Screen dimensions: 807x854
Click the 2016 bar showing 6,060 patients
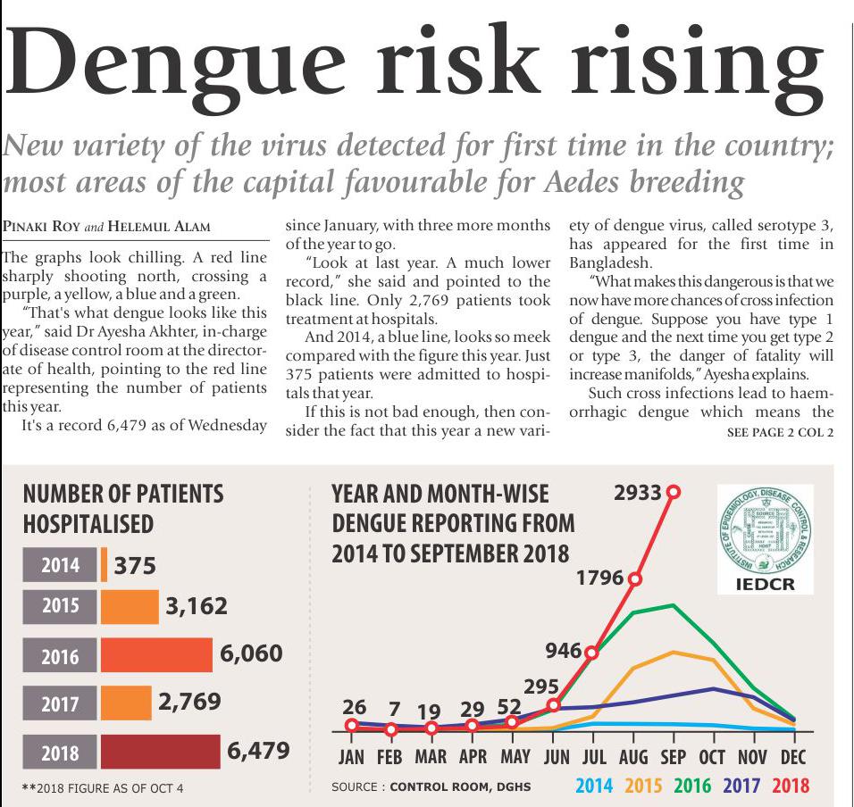(156, 656)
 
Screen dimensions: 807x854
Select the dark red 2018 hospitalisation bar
(160, 752)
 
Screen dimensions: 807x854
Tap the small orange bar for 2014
(104, 565)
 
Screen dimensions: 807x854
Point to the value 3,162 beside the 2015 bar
(197, 607)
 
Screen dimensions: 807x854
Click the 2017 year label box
(60, 703)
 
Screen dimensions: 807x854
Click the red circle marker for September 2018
(674, 492)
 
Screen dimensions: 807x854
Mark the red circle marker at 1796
(635, 578)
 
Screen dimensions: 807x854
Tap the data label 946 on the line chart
(564, 649)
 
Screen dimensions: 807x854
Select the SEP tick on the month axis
(672, 757)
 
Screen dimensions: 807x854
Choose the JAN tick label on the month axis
(351, 757)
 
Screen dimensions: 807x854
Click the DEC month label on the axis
(793, 757)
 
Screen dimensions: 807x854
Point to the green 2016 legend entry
(692, 786)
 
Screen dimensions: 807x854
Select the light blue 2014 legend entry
(594, 786)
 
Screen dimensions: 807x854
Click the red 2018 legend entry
(791, 786)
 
